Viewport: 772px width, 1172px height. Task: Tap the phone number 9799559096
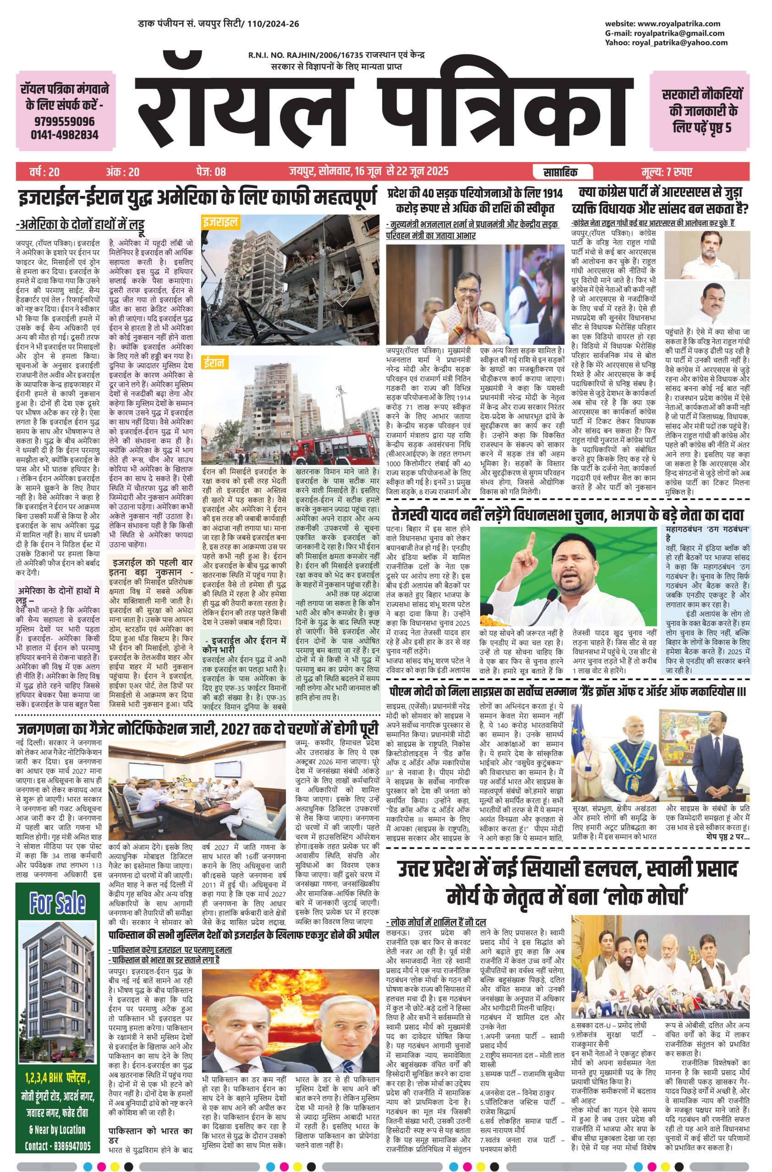click(64, 121)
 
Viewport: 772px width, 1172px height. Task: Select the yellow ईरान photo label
click(214, 364)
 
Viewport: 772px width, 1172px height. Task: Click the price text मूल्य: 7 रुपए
click(667, 172)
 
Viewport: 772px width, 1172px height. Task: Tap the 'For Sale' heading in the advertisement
click(57, 903)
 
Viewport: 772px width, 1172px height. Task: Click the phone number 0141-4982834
click(64, 135)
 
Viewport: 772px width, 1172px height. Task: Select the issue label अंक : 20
click(122, 172)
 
